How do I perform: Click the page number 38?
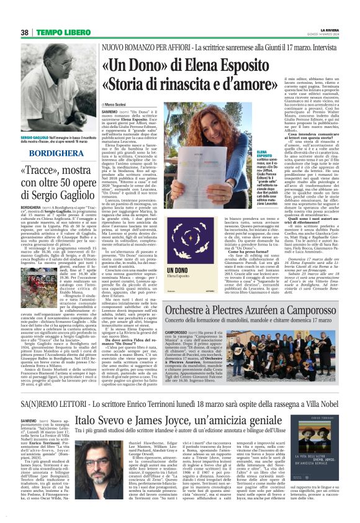point(25,32)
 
